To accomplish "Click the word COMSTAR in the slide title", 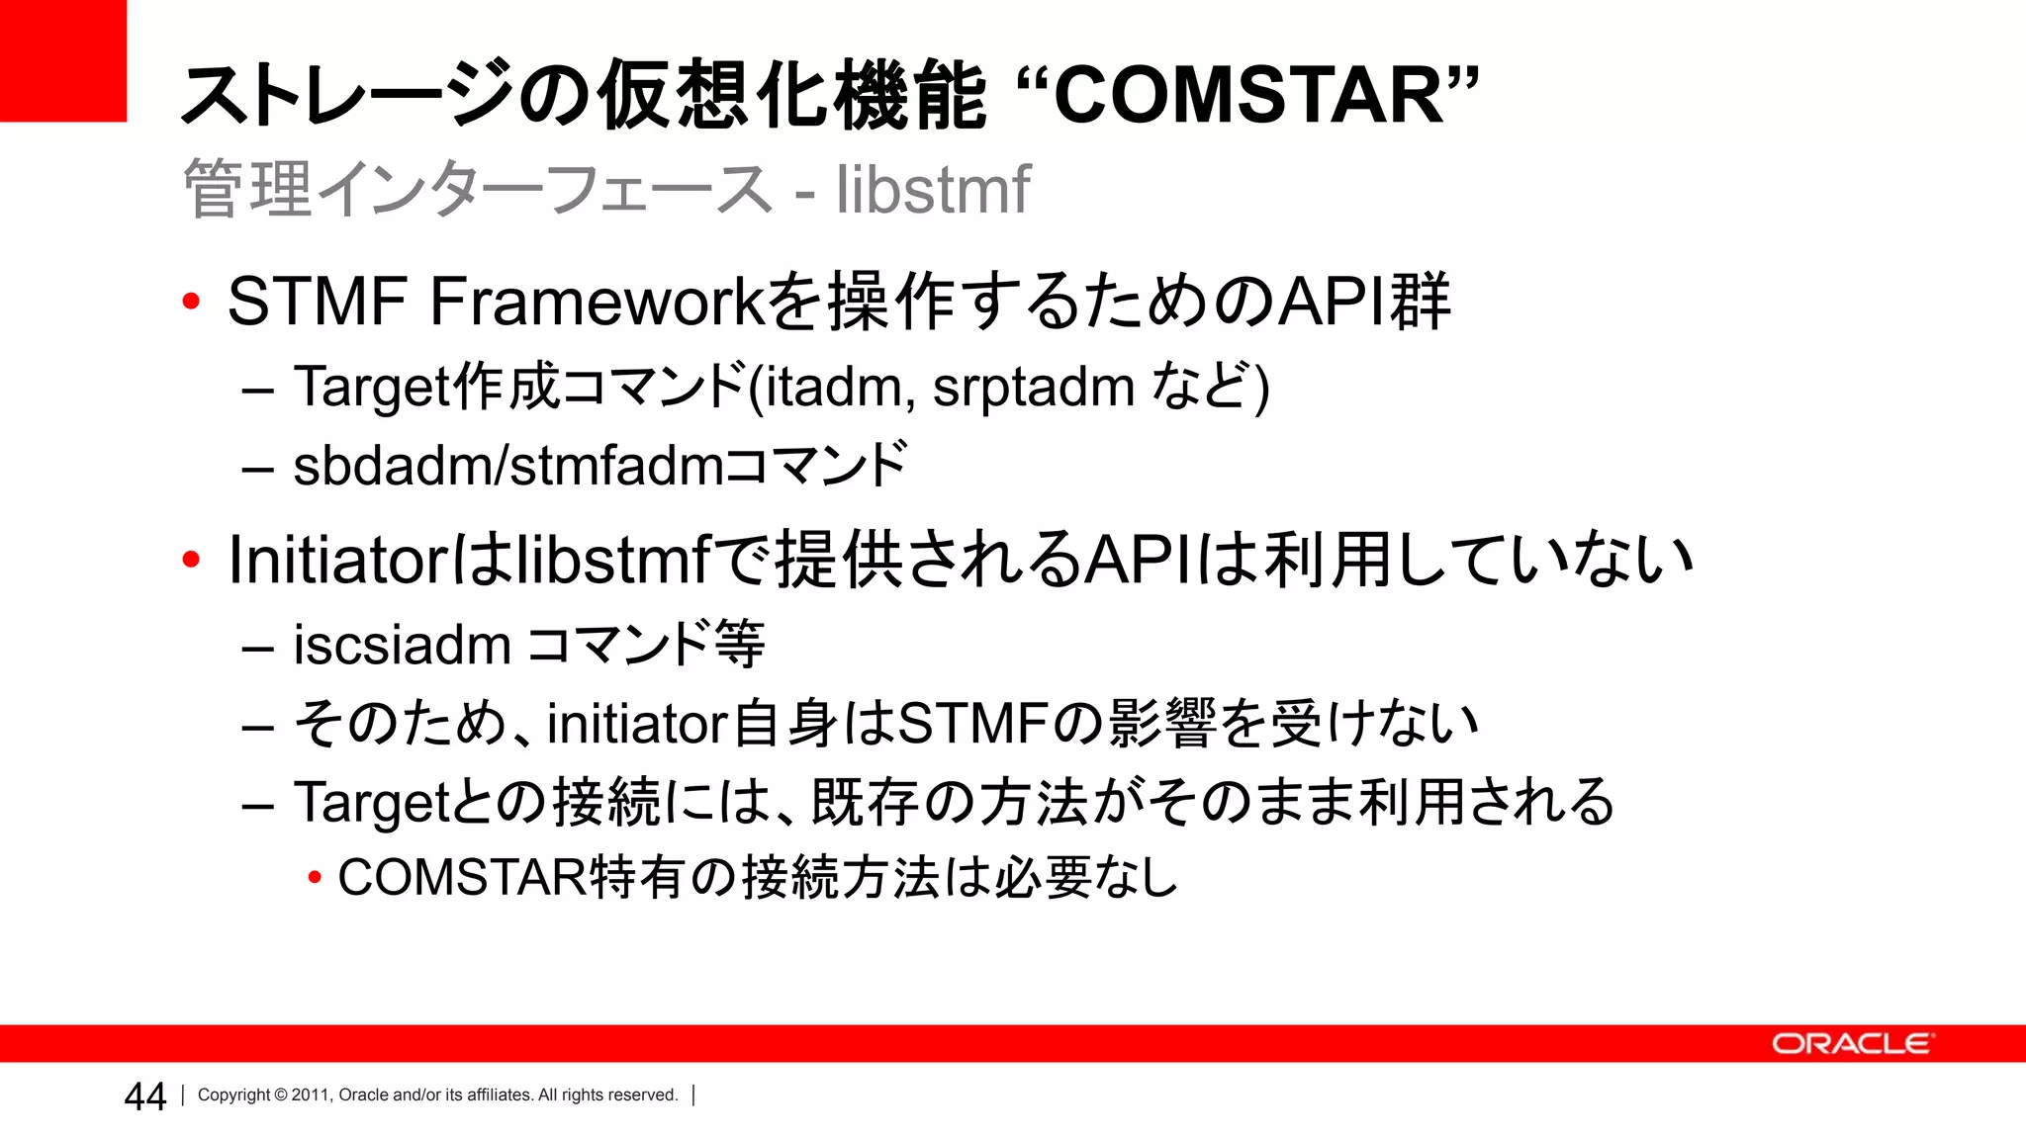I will click(x=1248, y=96).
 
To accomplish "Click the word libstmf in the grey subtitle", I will click(x=932, y=189).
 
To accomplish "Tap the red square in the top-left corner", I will click(x=62, y=60).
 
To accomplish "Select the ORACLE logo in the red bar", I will click(x=1850, y=1044).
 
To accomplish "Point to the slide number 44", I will click(x=144, y=1096).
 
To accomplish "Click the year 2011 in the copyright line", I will click(x=310, y=1095).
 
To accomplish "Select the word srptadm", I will click(x=1033, y=388).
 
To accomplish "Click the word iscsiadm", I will click(x=402, y=646).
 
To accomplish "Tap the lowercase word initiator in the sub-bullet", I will click(x=637, y=724).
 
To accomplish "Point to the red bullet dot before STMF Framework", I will click(x=191, y=301).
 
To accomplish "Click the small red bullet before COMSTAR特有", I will click(x=315, y=878).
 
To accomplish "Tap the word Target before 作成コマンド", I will click(x=372, y=388).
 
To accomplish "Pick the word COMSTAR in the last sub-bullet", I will click(x=462, y=878).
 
